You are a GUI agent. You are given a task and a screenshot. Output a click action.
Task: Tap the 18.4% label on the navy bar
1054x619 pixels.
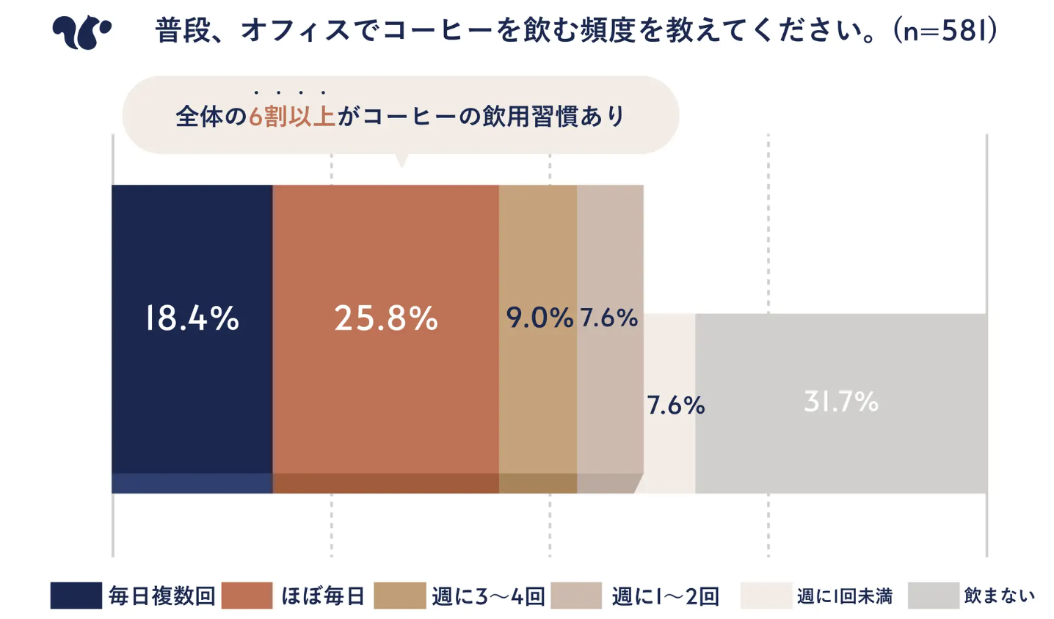[x=192, y=318]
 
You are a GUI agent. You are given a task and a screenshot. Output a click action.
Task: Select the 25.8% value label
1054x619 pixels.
[x=386, y=318]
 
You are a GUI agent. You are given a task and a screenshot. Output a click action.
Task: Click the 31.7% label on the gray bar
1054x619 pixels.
[x=841, y=402]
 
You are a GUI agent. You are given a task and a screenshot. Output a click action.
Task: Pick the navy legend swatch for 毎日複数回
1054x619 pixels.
[x=76, y=596]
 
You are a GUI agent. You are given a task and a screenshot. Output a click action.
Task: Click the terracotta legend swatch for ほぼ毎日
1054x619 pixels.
[x=247, y=596]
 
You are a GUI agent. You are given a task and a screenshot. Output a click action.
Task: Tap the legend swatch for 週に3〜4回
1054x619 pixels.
[x=400, y=596]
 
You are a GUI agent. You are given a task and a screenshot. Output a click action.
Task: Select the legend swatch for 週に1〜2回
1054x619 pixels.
[x=576, y=596]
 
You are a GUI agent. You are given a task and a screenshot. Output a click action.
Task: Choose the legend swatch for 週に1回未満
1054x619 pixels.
[x=766, y=596]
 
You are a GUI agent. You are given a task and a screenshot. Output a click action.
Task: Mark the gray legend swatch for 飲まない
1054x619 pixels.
[x=934, y=596]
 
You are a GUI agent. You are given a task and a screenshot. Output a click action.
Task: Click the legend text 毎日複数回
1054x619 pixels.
[x=161, y=596]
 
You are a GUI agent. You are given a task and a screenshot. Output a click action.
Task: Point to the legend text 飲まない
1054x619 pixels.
[x=1000, y=596]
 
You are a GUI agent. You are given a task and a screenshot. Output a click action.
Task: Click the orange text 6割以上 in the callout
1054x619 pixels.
[x=292, y=117]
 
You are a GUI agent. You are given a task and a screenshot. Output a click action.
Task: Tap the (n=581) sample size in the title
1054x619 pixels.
[x=945, y=31]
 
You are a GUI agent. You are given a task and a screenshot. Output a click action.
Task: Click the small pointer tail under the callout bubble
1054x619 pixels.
[x=401, y=160]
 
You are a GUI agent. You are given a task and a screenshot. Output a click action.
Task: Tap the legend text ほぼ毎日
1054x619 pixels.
[x=323, y=596]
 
